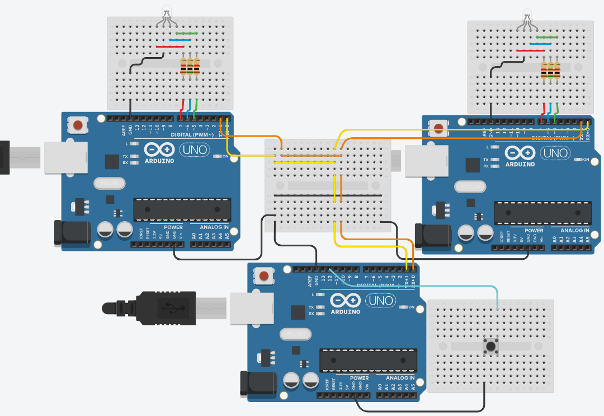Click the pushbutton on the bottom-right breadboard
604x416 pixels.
[x=491, y=346]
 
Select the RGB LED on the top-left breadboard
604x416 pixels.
[x=167, y=12]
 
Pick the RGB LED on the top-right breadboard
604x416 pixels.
[x=527, y=15]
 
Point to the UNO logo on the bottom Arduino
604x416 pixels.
[x=381, y=301]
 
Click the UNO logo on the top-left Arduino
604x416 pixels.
[x=195, y=150]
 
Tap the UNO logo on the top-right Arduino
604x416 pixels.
[x=555, y=153]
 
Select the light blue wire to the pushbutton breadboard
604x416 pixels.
[x=425, y=286]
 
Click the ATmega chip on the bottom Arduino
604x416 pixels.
[x=369, y=360]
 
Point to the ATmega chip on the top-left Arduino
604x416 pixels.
[x=182, y=209]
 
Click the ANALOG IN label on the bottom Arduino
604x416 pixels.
[x=398, y=378]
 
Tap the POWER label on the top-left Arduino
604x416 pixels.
[x=173, y=227]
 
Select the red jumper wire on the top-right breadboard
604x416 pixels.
[x=530, y=50]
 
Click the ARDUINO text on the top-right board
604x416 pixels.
[x=520, y=165]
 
